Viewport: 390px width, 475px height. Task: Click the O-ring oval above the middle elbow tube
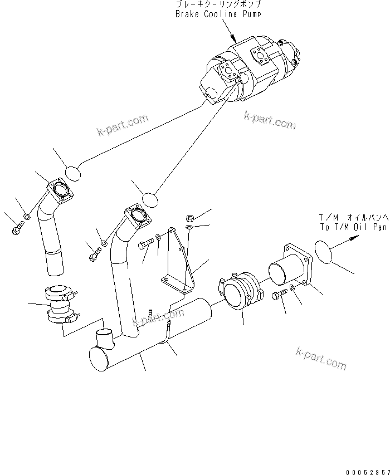149,199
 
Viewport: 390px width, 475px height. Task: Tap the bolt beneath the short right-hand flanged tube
280,295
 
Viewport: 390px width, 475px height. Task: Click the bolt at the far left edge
17,227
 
